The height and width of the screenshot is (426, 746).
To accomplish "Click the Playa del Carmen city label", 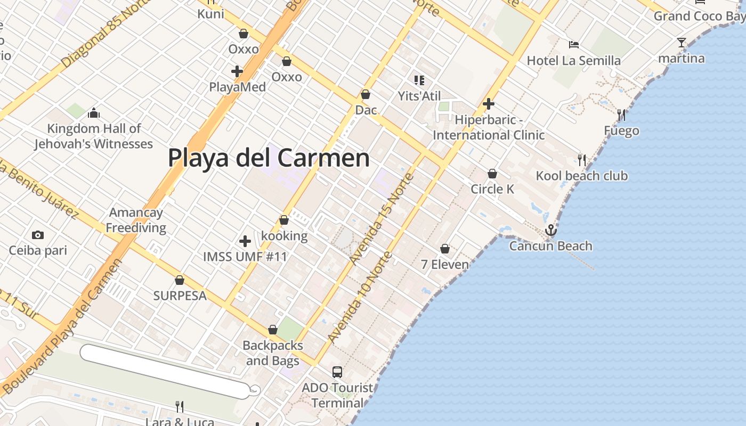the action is [x=269, y=158].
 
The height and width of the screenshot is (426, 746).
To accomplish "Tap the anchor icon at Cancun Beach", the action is [x=550, y=230].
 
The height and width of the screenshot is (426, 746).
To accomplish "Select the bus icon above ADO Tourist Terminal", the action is [x=337, y=372].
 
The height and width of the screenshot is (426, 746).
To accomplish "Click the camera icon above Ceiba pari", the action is [x=37, y=235].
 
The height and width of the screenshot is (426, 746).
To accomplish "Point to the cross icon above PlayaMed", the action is [x=237, y=71].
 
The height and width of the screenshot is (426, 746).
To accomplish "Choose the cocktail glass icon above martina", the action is [x=681, y=43].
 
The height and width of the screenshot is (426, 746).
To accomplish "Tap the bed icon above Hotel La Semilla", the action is [x=573, y=45].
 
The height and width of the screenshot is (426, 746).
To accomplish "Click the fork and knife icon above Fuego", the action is [x=621, y=114].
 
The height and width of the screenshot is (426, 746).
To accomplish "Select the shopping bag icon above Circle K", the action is [x=492, y=174].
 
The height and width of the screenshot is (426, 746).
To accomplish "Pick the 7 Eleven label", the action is [x=445, y=264].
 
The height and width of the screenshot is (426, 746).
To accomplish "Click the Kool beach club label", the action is [x=581, y=176].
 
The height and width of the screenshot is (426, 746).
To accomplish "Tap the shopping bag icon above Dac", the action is [x=366, y=94].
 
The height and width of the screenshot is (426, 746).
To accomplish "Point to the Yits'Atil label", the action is [x=419, y=96].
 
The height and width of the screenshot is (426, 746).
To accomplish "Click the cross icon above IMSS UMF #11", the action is [x=245, y=241].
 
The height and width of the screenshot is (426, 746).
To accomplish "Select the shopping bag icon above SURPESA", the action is [x=180, y=280].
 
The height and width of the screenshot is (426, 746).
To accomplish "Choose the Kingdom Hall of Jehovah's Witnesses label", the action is [x=94, y=136].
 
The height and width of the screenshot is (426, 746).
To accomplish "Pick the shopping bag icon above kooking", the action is [x=284, y=220].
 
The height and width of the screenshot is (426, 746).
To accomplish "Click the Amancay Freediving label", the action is [x=136, y=220].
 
